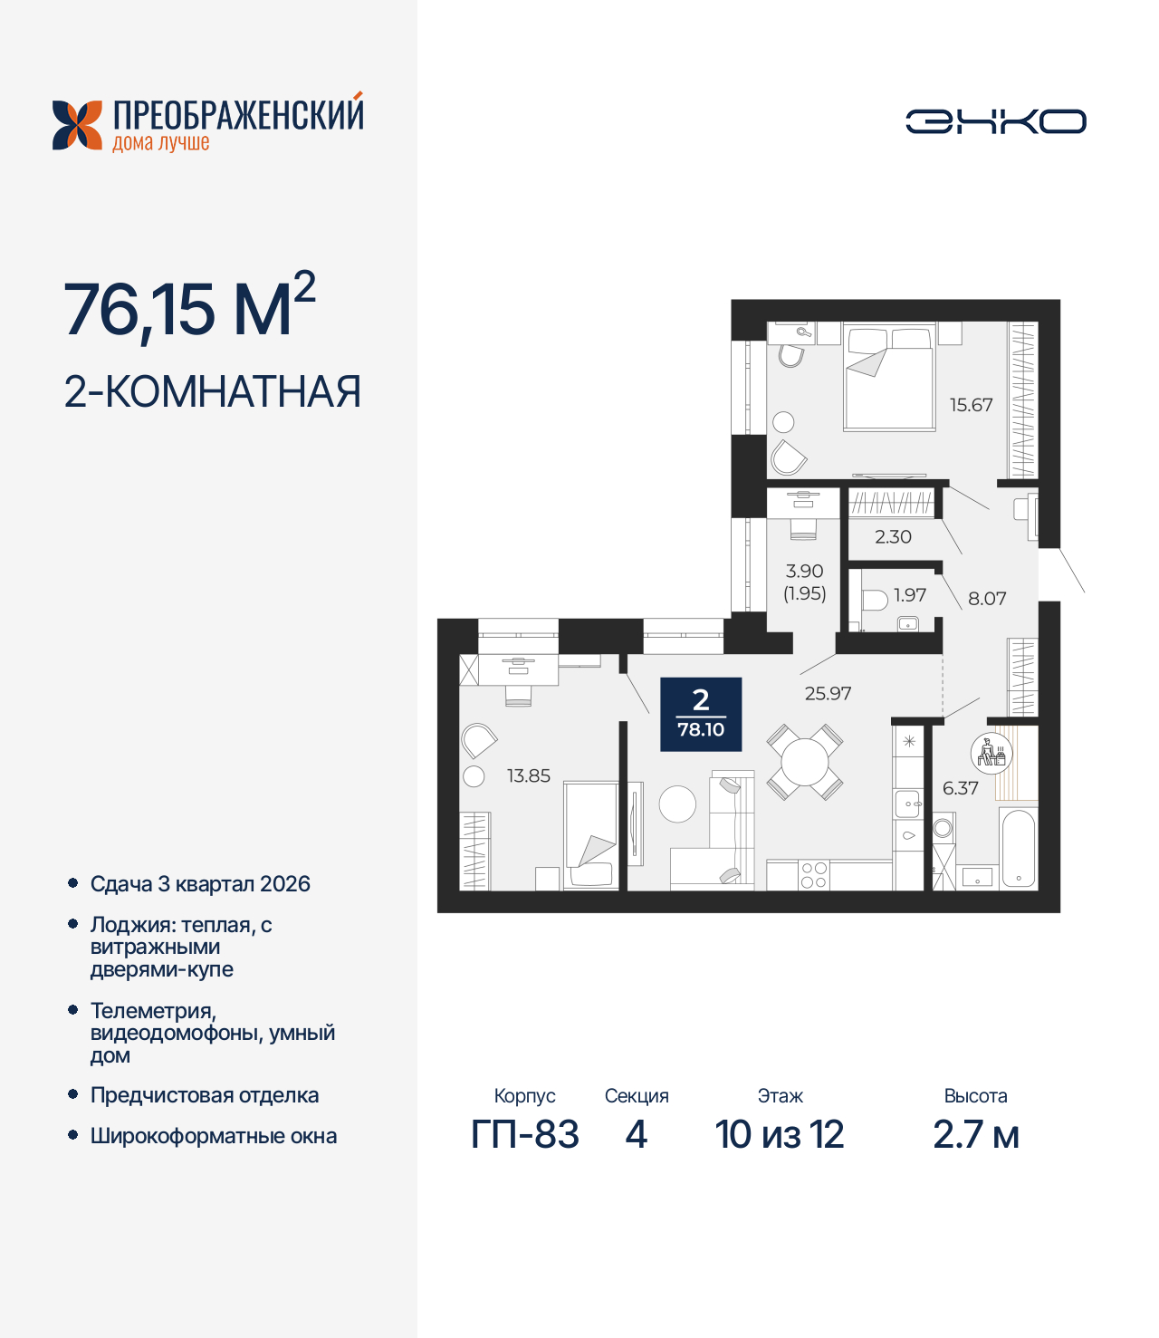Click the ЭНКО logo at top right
pos(995,121)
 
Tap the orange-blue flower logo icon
pos(77,125)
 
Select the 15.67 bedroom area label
pos(971,405)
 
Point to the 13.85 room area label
pos(529,775)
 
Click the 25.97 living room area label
pos(828,693)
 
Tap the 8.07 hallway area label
pos(987,598)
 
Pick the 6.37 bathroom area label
pos(960,788)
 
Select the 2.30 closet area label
pos(893,536)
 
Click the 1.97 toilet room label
pos(910,594)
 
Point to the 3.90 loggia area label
pos(804,572)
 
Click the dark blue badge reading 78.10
pos(701,715)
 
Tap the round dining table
pos(805,762)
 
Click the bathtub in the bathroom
pos(1019,850)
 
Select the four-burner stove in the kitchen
pos(813,875)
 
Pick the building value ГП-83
pos(525,1134)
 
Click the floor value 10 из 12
pos(780,1134)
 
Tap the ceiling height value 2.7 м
pos(976,1134)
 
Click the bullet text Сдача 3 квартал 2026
pos(200,884)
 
